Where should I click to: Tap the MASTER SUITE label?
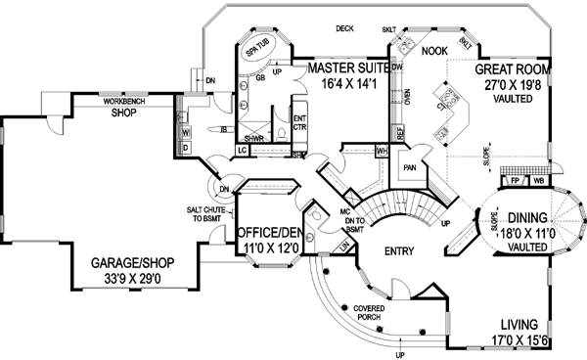pyautogui.click(x=346, y=68)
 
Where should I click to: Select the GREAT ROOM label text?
pyautogui.click(x=512, y=70)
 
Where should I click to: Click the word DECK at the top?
pyautogui.click(x=343, y=27)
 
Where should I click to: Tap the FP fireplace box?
pyautogui.click(x=514, y=181)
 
